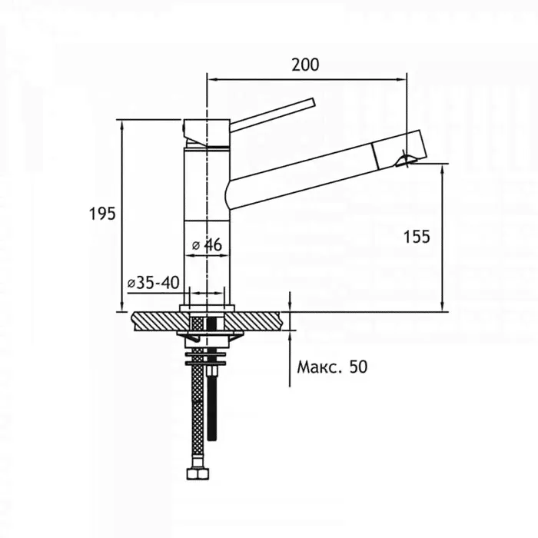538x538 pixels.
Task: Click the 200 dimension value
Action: pyautogui.click(x=305, y=65)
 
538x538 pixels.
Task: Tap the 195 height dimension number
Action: pyautogui.click(x=102, y=214)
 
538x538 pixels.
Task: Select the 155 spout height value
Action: pyautogui.click(x=417, y=237)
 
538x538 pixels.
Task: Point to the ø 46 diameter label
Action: pyautogui.click(x=207, y=245)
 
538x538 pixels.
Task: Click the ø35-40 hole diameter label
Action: pyautogui.click(x=154, y=283)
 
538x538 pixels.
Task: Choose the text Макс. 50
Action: pyautogui.click(x=332, y=367)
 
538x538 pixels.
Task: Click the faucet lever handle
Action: pyautogui.click(x=272, y=115)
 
